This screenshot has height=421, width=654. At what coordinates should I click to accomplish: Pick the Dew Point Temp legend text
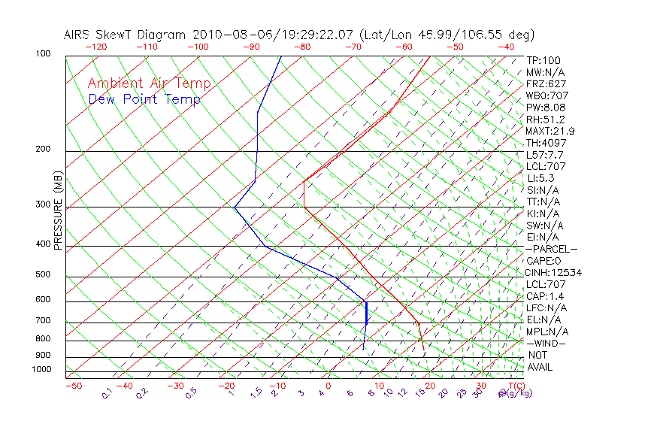[144, 99]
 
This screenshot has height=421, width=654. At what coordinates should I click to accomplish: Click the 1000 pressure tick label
[42, 370]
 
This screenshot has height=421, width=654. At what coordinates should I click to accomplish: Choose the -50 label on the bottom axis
[74, 386]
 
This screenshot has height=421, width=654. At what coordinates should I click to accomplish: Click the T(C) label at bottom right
[513, 386]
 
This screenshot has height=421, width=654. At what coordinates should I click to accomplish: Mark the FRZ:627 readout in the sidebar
[547, 83]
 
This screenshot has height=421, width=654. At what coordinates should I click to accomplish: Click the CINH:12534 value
[555, 272]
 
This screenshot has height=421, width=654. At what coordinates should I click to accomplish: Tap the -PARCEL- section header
[551, 249]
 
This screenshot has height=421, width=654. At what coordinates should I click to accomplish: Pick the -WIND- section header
[546, 343]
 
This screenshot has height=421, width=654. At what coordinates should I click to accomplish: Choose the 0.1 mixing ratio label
[107, 393]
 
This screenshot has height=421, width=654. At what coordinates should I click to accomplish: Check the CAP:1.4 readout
[547, 296]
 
